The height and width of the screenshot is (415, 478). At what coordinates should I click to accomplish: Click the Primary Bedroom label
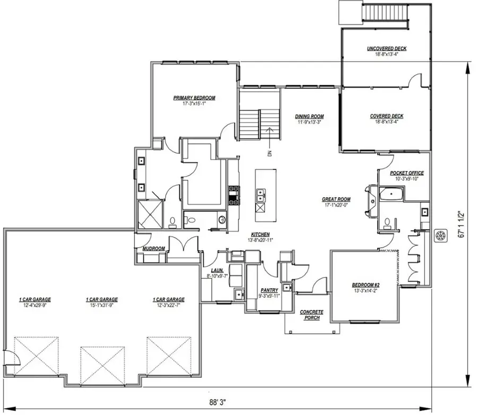tap(194, 98)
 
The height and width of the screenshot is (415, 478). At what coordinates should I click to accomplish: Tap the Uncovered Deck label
tap(387, 49)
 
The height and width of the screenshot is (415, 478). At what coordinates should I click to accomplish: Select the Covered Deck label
tap(387, 116)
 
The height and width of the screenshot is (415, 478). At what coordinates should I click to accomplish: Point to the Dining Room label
tap(310, 117)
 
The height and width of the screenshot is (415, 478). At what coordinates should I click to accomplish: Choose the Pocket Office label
tap(407, 173)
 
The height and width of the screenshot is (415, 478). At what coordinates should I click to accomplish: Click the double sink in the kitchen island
tap(261, 196)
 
